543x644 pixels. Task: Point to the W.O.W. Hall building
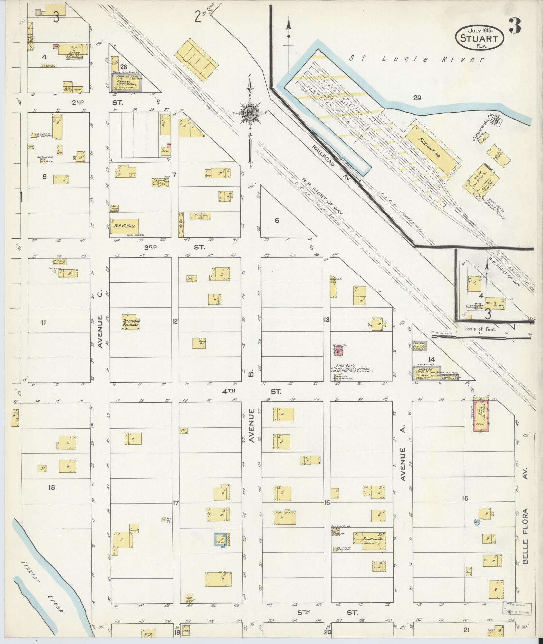(125, 226)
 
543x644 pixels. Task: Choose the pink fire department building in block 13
(338, 351)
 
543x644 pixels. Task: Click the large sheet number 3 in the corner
(515, 26)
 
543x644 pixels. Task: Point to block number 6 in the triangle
(277, 221)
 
